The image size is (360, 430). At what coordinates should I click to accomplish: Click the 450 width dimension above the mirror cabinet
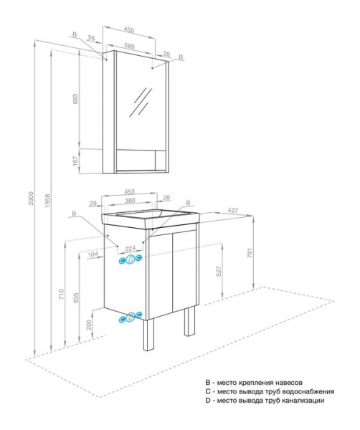(x=129, y=30)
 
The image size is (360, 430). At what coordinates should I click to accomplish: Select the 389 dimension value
(x=129, y=45)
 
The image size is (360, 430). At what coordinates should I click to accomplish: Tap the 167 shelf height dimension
(x=75, y=161)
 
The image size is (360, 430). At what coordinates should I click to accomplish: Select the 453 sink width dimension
(x=129, y=192)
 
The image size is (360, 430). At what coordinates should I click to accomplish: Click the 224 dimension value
(x=130, y=249)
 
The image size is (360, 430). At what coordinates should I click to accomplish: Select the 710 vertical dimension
(x=61, y=295)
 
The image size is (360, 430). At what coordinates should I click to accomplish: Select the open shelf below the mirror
(x=136, y=160)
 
